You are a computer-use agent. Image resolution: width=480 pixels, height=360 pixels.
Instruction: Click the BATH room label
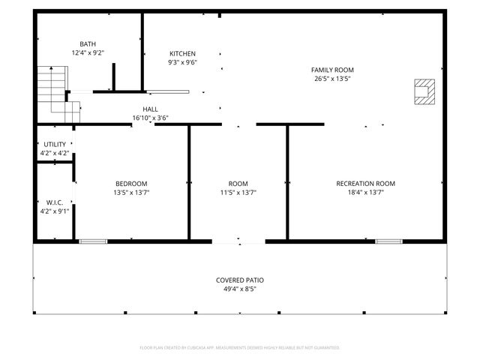click(88, 44)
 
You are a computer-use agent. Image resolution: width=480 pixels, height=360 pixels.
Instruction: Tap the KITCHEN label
click(182, 54)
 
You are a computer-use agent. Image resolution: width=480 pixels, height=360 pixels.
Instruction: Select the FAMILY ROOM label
click(332, 70)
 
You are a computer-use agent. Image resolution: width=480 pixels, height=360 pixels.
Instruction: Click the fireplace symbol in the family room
click(424, 91)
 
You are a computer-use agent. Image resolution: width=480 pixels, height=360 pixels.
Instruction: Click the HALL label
click(150, 109)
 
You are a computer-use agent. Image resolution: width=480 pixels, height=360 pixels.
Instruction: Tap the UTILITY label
click(55, 144)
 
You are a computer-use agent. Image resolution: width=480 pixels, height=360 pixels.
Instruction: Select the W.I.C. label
click(55, 202)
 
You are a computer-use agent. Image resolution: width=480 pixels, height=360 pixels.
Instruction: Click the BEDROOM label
click(131, 184)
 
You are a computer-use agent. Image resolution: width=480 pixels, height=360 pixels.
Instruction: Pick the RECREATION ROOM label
click(365, 184)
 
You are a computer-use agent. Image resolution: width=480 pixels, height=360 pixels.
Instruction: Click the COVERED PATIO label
click(240, 280)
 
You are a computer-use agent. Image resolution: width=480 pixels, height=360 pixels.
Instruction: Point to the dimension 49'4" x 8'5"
click(240, 289)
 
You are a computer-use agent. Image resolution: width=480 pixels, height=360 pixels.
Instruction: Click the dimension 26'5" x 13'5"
click(332, 79)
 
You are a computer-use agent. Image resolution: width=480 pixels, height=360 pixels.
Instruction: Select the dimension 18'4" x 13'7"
click(365, 193)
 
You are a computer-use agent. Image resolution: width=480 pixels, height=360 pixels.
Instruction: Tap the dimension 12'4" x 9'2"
click(88, 53)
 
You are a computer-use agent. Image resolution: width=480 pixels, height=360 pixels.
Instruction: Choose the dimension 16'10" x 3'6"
click(150, 118)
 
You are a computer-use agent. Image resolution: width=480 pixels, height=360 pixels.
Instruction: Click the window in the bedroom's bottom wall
click(93, 241)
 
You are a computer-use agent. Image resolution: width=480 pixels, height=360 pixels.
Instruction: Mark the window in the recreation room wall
click(388, 241)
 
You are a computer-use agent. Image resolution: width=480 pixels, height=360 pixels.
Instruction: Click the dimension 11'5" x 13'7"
click(238, 193)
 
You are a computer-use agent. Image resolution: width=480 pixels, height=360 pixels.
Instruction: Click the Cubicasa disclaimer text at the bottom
click(240, 348)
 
